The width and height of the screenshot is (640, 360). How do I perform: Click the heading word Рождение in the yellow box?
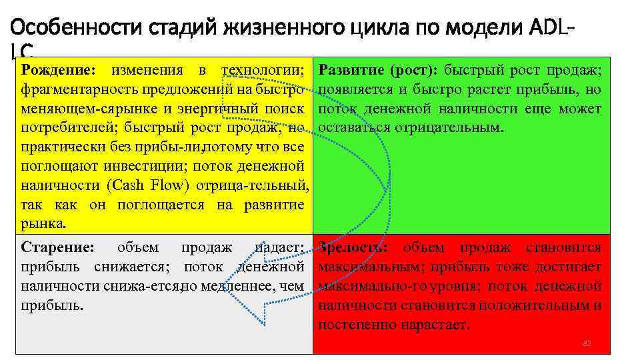point(58,70)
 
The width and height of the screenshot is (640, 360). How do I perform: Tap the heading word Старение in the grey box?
point(57,247)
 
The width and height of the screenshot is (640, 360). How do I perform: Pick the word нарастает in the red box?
point(437,325)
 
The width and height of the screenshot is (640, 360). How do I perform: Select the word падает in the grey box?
point(280,247)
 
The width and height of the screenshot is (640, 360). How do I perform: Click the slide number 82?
point(587,343)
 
